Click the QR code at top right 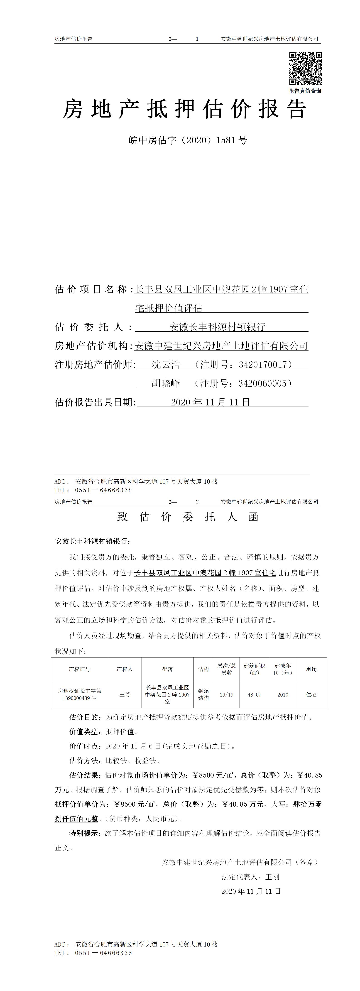[x=305, y=69]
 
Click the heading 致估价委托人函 [x=188, y=517]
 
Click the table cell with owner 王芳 [x=125, y=694]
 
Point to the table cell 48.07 [x=254, y=695]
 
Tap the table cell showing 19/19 [x=227, y=695]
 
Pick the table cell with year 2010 [x=283, y=695]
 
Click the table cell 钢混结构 [x=203, y=695]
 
